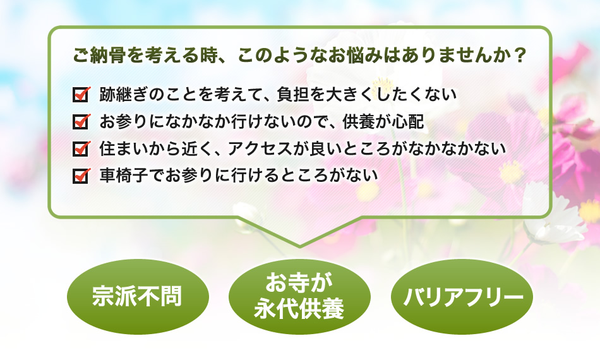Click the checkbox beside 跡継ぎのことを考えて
[81, 95]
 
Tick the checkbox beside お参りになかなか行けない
[81, 121]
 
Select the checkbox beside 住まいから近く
[81, 148]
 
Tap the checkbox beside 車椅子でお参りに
[81, 176]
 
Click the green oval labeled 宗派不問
[138, 296]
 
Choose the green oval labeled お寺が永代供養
[299, 296]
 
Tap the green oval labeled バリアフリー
[462, 296]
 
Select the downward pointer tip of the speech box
[299, 246]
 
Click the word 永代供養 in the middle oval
[299, 309]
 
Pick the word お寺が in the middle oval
[299, 282]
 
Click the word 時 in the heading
[208, 56]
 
